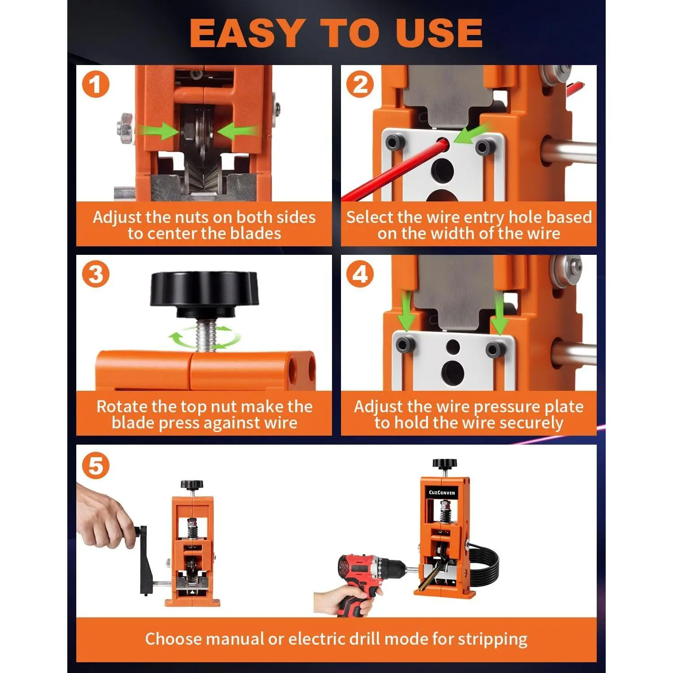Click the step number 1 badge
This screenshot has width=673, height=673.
pos(96,85)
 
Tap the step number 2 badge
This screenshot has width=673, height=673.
pos(360,85)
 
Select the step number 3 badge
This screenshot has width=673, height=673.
pos(96,275)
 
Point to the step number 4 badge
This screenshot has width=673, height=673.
pos(360,275)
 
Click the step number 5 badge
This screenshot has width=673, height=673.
pos(96,466)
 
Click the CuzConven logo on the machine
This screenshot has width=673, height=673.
pos(442,493)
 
